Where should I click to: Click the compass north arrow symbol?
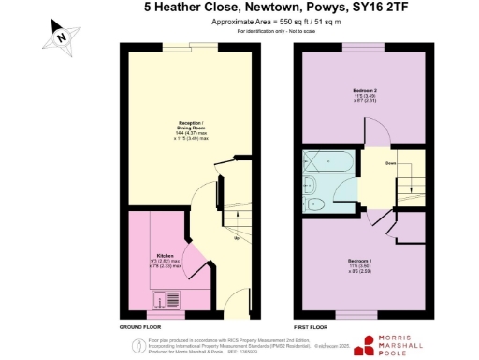[59, 36]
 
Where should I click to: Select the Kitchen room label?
[164, 256]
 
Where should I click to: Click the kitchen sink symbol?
[174, 300]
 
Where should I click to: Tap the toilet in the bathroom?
[315, 203]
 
